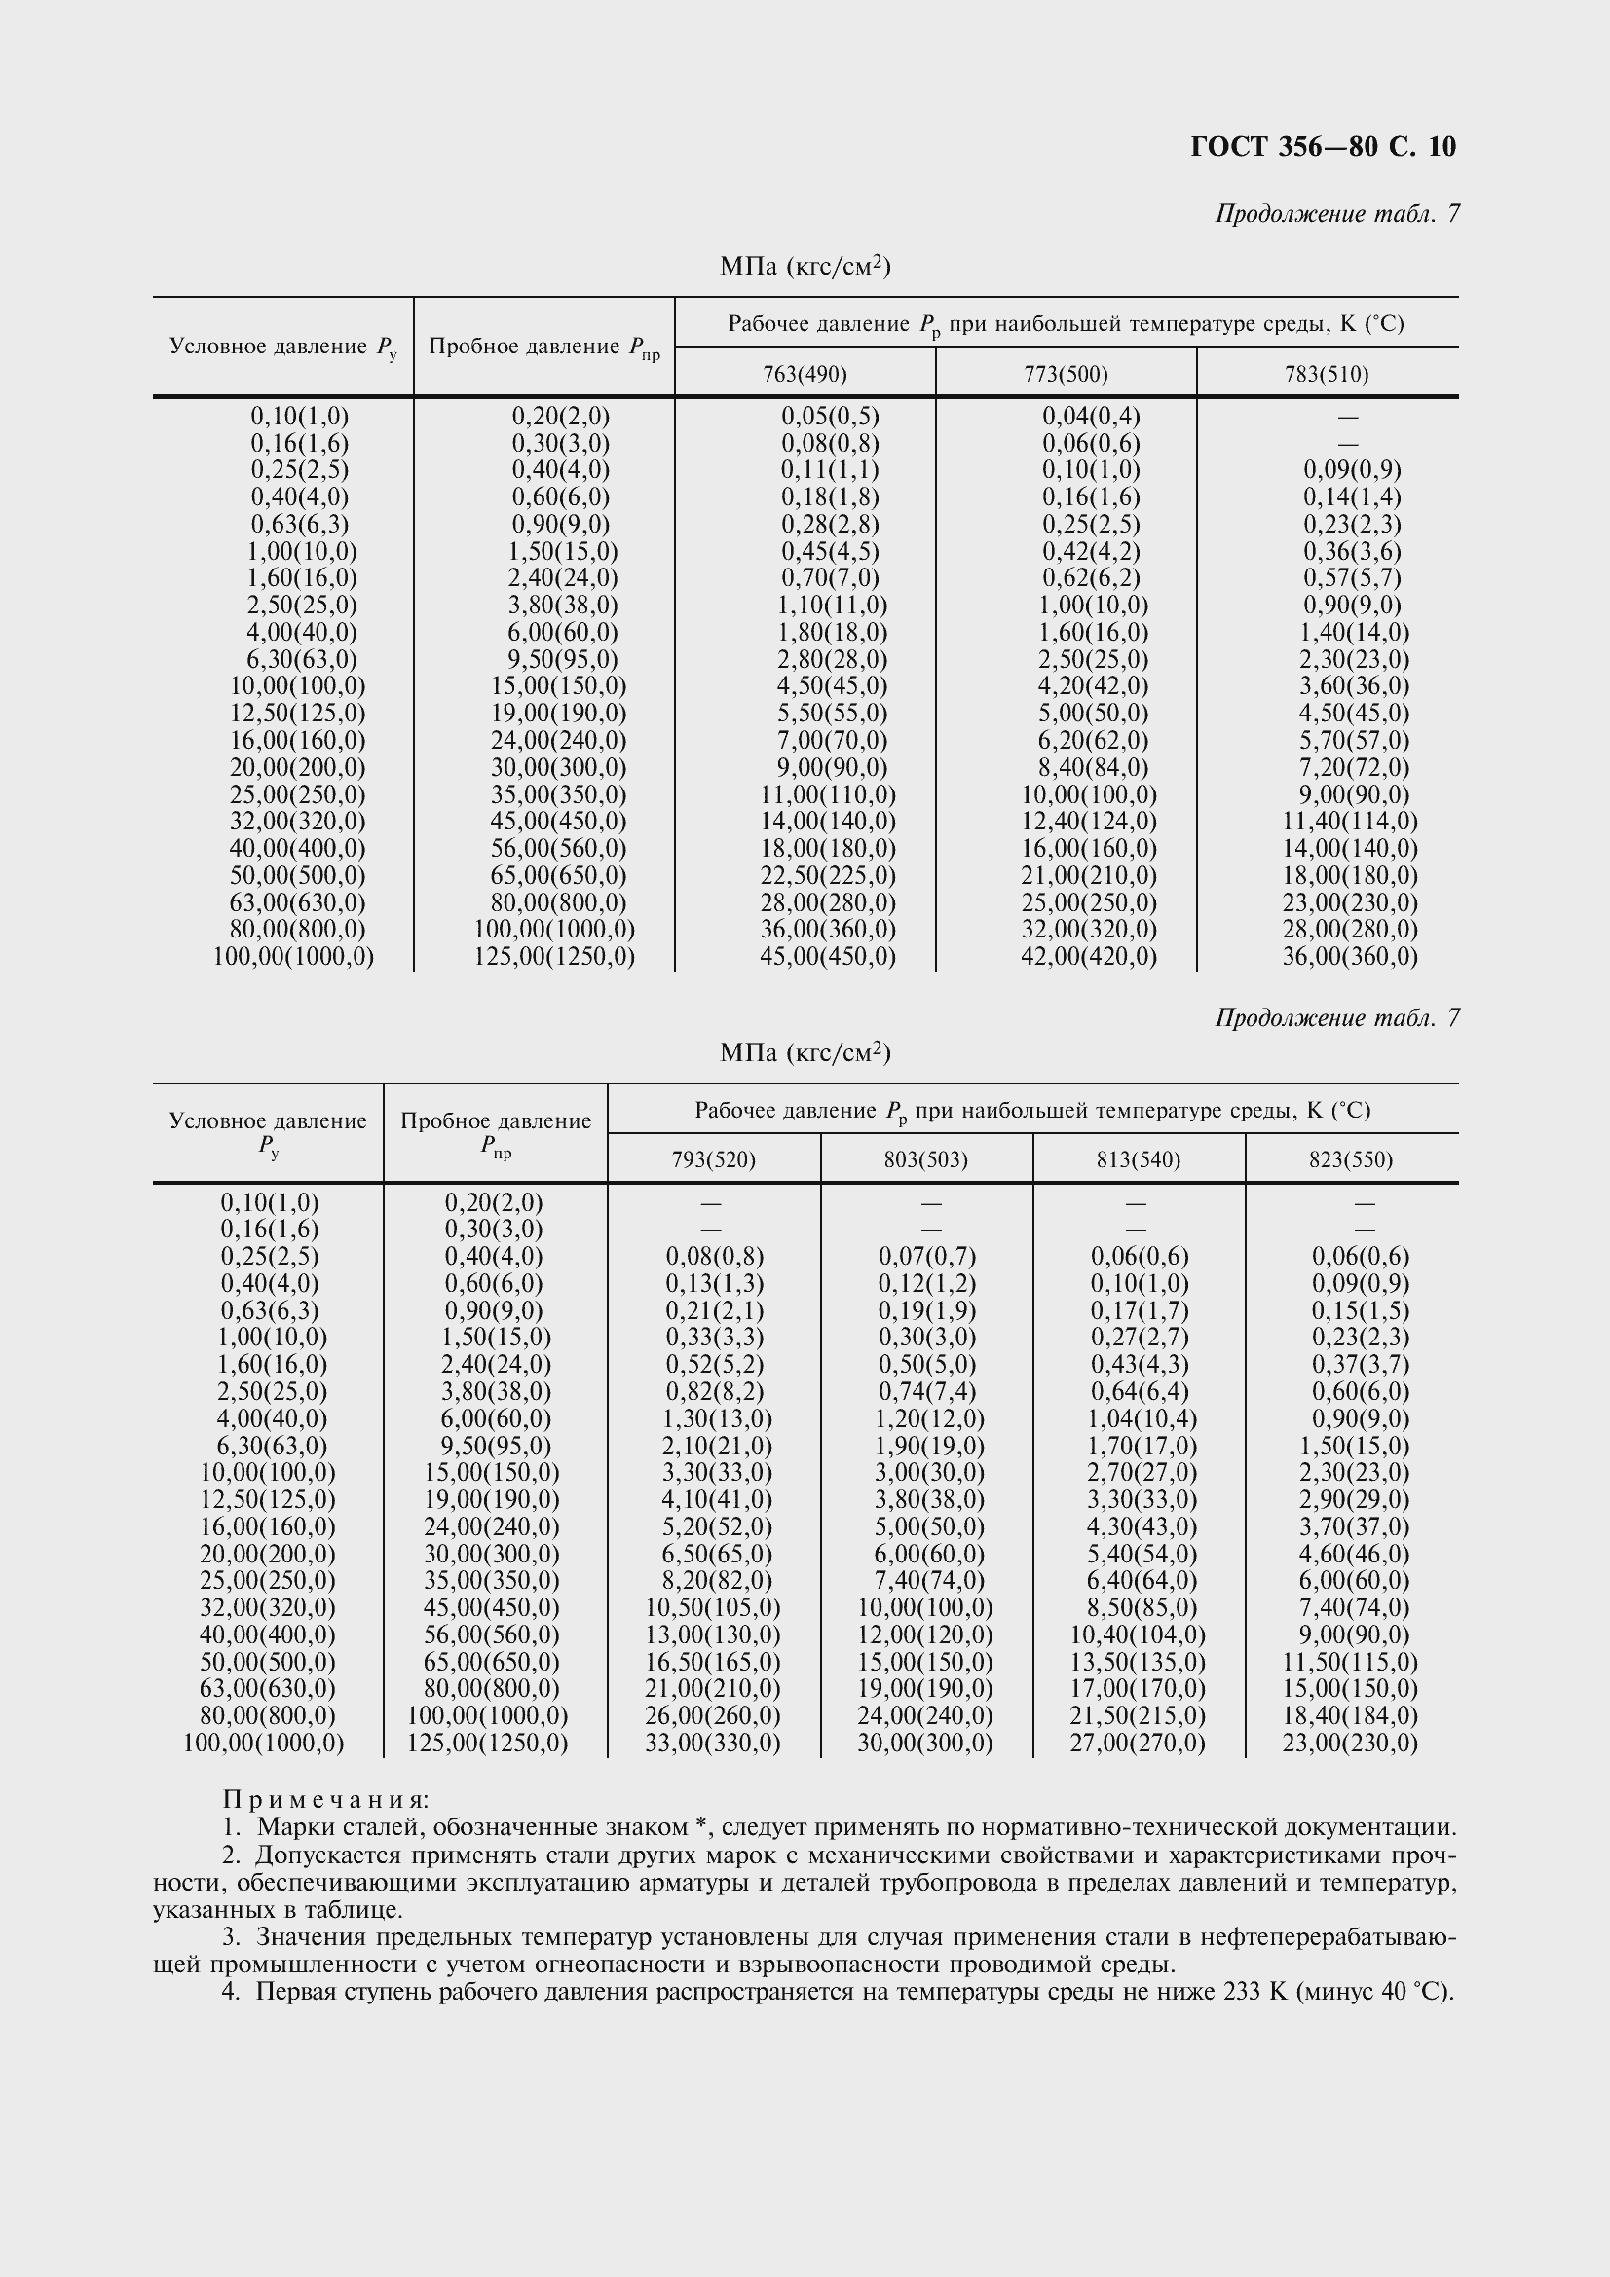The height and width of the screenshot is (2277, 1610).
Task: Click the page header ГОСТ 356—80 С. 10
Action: [x=1323, y=147]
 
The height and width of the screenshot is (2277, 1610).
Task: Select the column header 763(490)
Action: [x=805, y=374]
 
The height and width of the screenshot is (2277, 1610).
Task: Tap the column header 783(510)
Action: [x=1327, y=374]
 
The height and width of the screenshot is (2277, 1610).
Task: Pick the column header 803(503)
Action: [x=925, y=1159]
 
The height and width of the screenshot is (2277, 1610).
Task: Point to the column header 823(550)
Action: [x=1350, y=1159]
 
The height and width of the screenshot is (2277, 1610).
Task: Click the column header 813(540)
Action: [x=1138, y=1159]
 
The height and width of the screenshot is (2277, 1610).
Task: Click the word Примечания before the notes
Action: [x=325, y=1799]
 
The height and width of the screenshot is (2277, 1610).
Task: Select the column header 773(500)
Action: [x=1066, y=374]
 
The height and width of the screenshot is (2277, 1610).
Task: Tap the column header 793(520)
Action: [x=713, y=1159]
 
